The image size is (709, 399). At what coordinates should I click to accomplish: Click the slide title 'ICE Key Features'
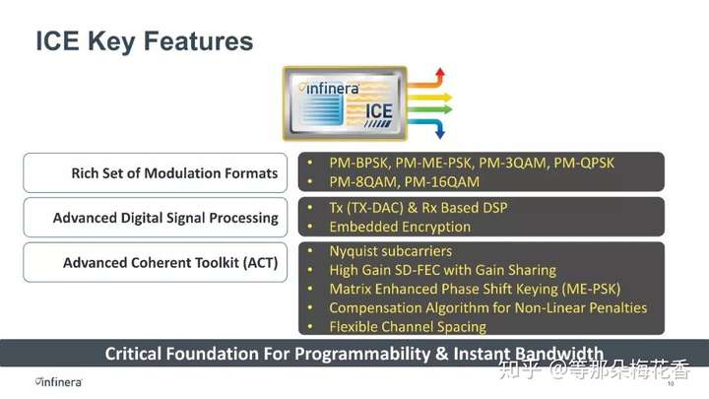[x=144, y=41]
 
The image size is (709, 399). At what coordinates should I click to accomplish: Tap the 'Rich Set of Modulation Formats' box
[x=156, y=172]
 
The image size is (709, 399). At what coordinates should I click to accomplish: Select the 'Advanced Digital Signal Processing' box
[x=156, y=218]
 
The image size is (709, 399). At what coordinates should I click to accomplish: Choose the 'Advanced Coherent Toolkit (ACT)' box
[x=156, y=262]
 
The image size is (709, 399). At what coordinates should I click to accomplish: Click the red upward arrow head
[x=440, y=72]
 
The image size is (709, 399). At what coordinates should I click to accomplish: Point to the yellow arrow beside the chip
[x=429, y=97]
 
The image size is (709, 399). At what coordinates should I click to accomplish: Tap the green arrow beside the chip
[x=429, y=109]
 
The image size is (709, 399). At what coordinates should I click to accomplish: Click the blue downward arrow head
[x=439, y=134]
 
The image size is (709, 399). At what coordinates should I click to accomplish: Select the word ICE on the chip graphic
[x=379, y=111]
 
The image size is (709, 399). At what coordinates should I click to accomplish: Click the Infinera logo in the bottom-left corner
[x=59, y=382]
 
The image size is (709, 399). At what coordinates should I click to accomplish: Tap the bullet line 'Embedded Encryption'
[x=400, y=227]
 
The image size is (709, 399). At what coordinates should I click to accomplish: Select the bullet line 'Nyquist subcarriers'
[x=391, y=251]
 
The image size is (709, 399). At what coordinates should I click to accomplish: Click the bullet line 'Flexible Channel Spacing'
[x=408, y=327]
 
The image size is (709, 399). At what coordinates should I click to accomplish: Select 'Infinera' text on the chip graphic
[x=333, y=89]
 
